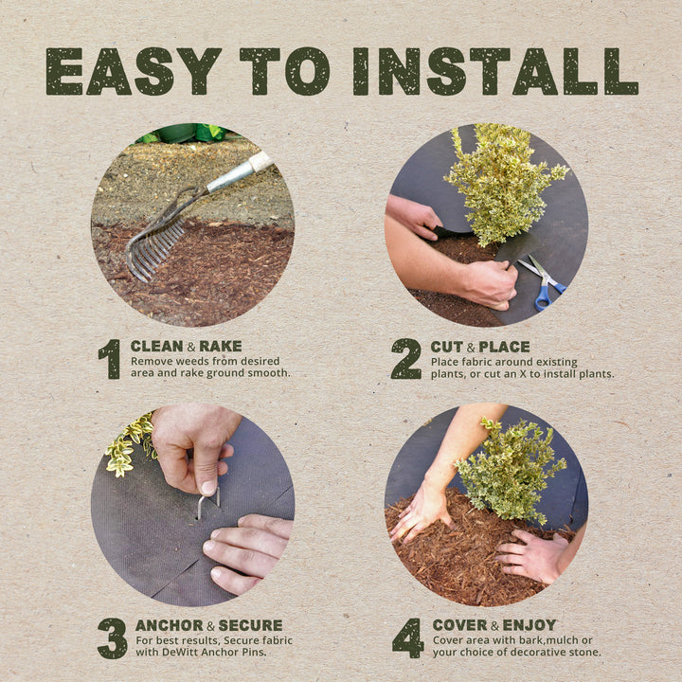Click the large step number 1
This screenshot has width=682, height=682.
[110, 359]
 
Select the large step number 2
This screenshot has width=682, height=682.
[405, 359]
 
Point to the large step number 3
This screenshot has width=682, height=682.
[112, 637]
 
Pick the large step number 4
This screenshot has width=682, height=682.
[407, 637]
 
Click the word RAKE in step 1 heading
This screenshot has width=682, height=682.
[220, 347]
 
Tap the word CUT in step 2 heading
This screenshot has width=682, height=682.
[446, 347]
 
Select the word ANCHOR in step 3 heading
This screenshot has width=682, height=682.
[169, 625]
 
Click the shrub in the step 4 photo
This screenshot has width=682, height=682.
[508, 470]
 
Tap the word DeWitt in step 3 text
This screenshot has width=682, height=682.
[178, 653]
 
